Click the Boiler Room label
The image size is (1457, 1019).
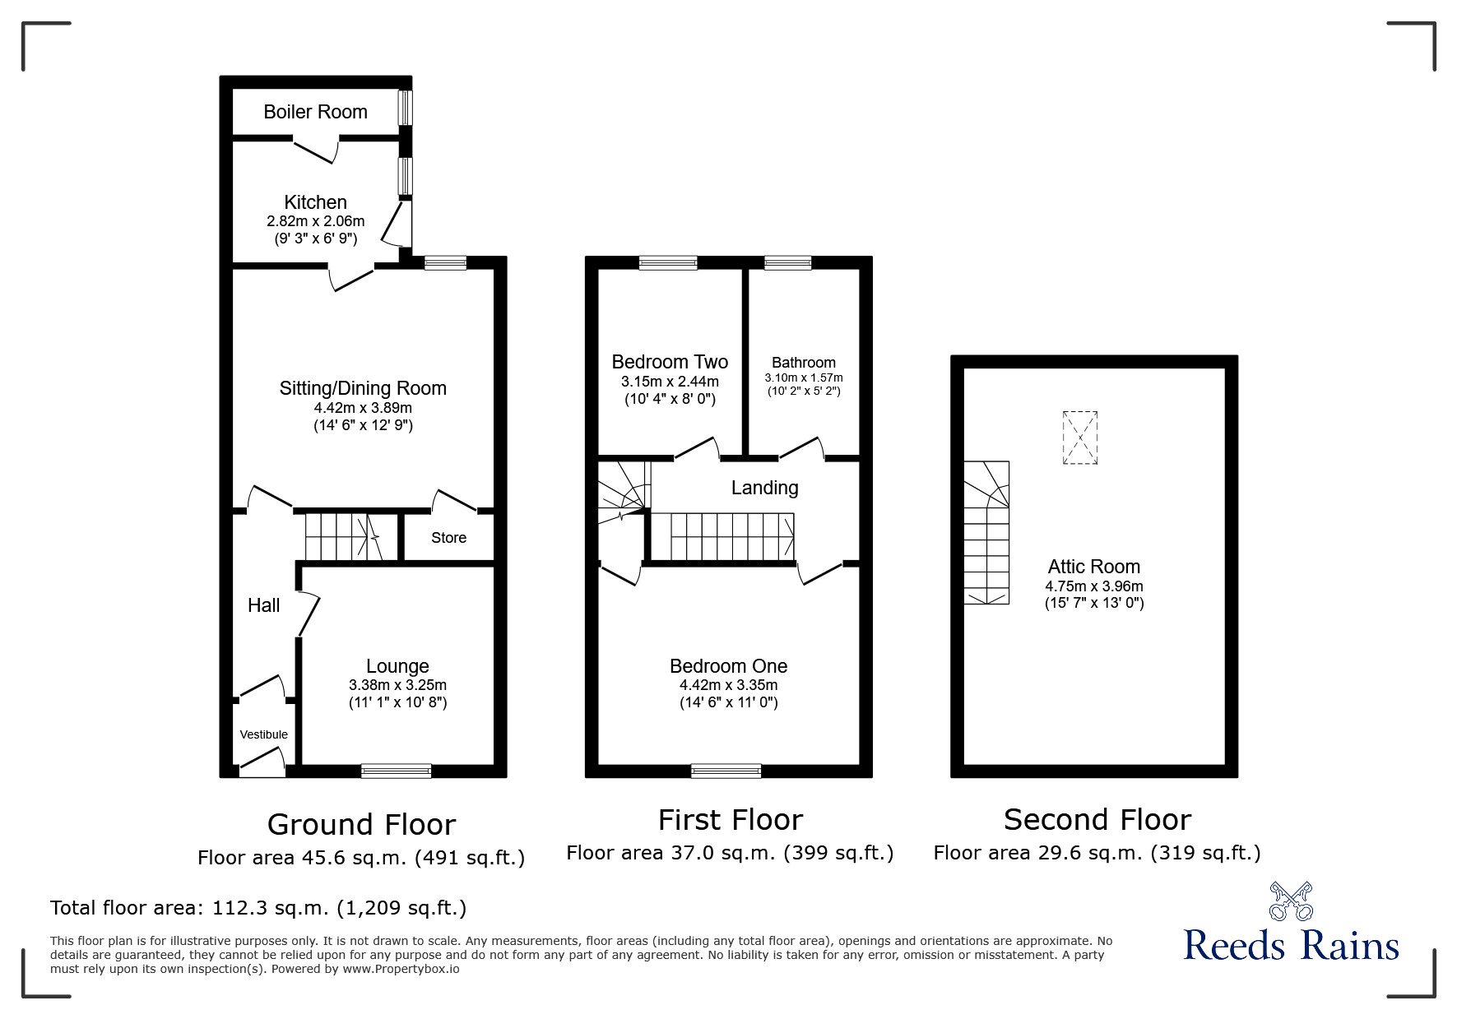tap(315, 112)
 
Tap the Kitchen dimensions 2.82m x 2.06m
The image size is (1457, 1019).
tap(315, 221)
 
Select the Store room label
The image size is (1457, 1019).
tap(448, 538)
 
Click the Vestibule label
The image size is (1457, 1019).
tap(263, 734)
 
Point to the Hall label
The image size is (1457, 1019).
tap(263, 605)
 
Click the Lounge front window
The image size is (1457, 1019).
tap(396, 771)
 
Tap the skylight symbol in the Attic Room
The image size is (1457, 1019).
tap(1079, 438)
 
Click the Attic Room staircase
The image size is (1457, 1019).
tap(986, 533)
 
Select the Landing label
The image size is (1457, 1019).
tap(764, 488)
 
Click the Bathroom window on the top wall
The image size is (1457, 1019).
tap(787, 263)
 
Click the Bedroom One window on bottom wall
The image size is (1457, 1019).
tap(726, 771)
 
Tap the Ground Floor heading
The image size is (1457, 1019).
tap(361, 824)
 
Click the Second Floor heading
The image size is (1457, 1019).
tap(1097, 819)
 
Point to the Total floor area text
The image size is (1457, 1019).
tap(258, 908)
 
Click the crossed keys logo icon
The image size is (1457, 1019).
tap(1290, 901)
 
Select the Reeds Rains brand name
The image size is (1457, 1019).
tap(1290, 945)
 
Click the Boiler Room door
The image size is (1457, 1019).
tap(316, 151)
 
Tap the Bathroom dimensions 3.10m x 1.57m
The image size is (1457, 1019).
tap(803, 377)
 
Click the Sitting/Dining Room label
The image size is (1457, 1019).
tap(363, 388)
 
